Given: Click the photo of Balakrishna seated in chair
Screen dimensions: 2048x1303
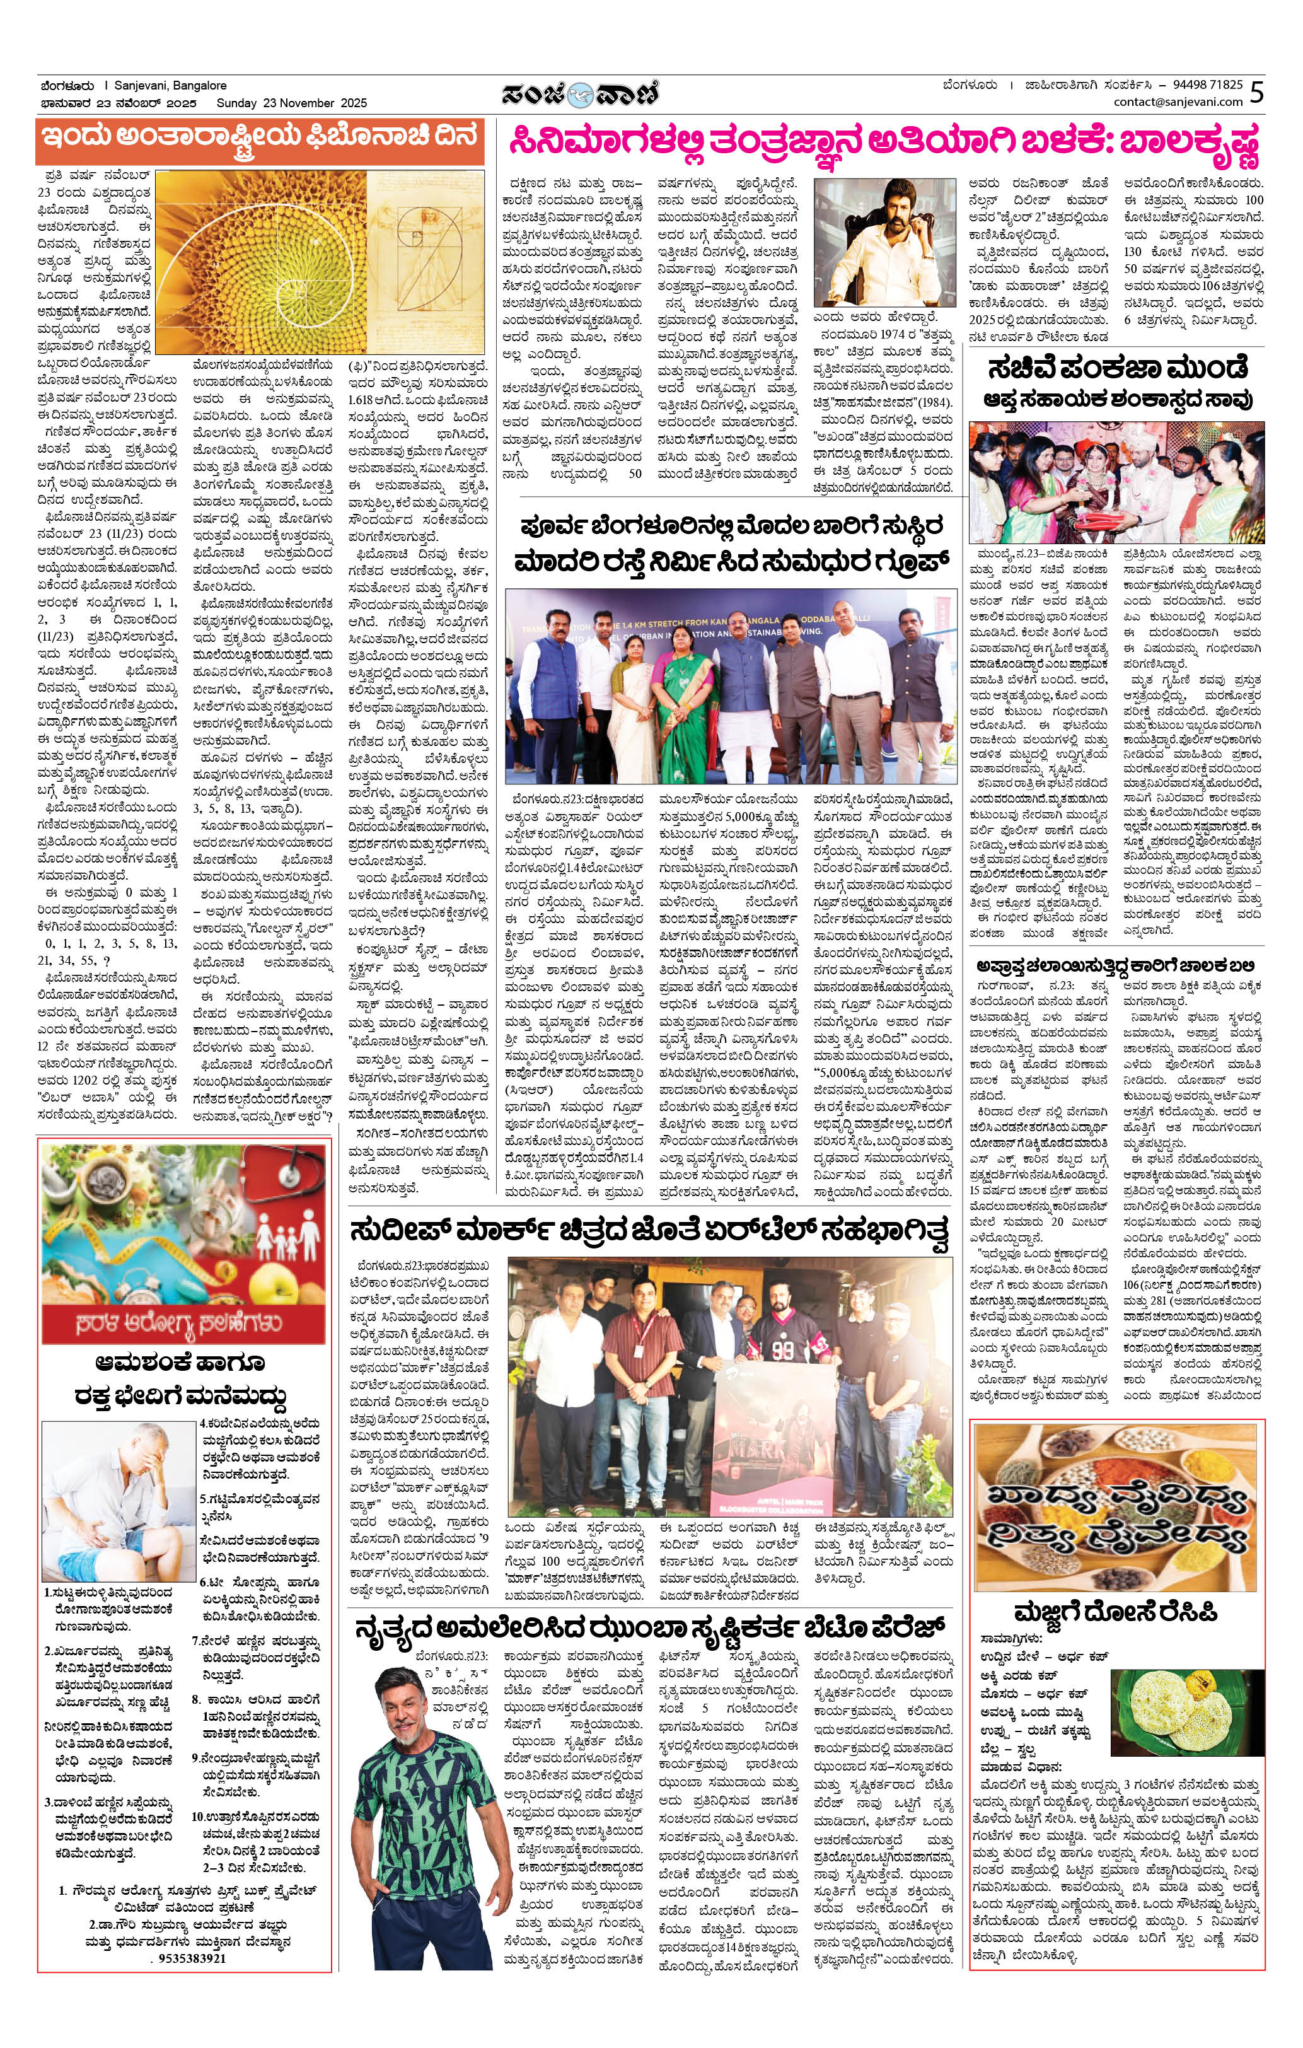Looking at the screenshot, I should click(889, 242).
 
